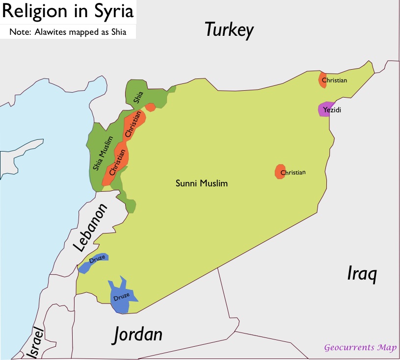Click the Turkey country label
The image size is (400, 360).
pos(229,30)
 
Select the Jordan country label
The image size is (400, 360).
pos(138,334)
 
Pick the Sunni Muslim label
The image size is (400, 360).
pos(202,183)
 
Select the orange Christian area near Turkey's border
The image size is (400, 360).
pos(323,80)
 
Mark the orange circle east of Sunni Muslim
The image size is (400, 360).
pos(281,172)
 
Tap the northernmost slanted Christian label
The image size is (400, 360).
pos(135,124)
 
